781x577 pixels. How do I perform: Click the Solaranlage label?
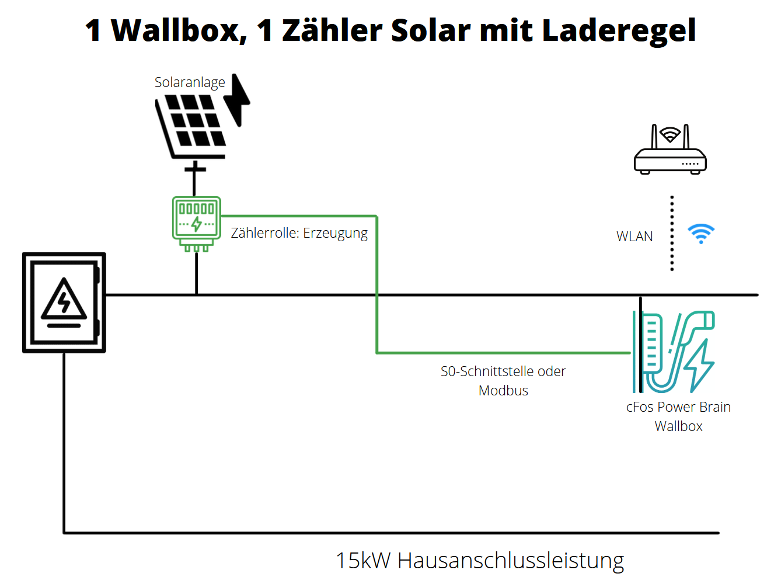tap(190, 82)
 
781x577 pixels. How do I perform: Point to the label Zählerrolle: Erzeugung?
tap(299, 233)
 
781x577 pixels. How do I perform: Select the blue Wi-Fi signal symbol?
tap(701, 233)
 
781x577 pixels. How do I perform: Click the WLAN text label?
tap(634, 237)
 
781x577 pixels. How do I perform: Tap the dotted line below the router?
tap(672, 234)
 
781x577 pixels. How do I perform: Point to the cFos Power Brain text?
tap(678, 407)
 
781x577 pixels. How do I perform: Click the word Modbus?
tap(503, 391)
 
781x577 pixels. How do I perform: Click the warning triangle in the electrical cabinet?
tap(64, 301)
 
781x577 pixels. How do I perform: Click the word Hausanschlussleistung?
tap(511, 561)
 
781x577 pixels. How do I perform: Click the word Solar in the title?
tap(430, 30)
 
